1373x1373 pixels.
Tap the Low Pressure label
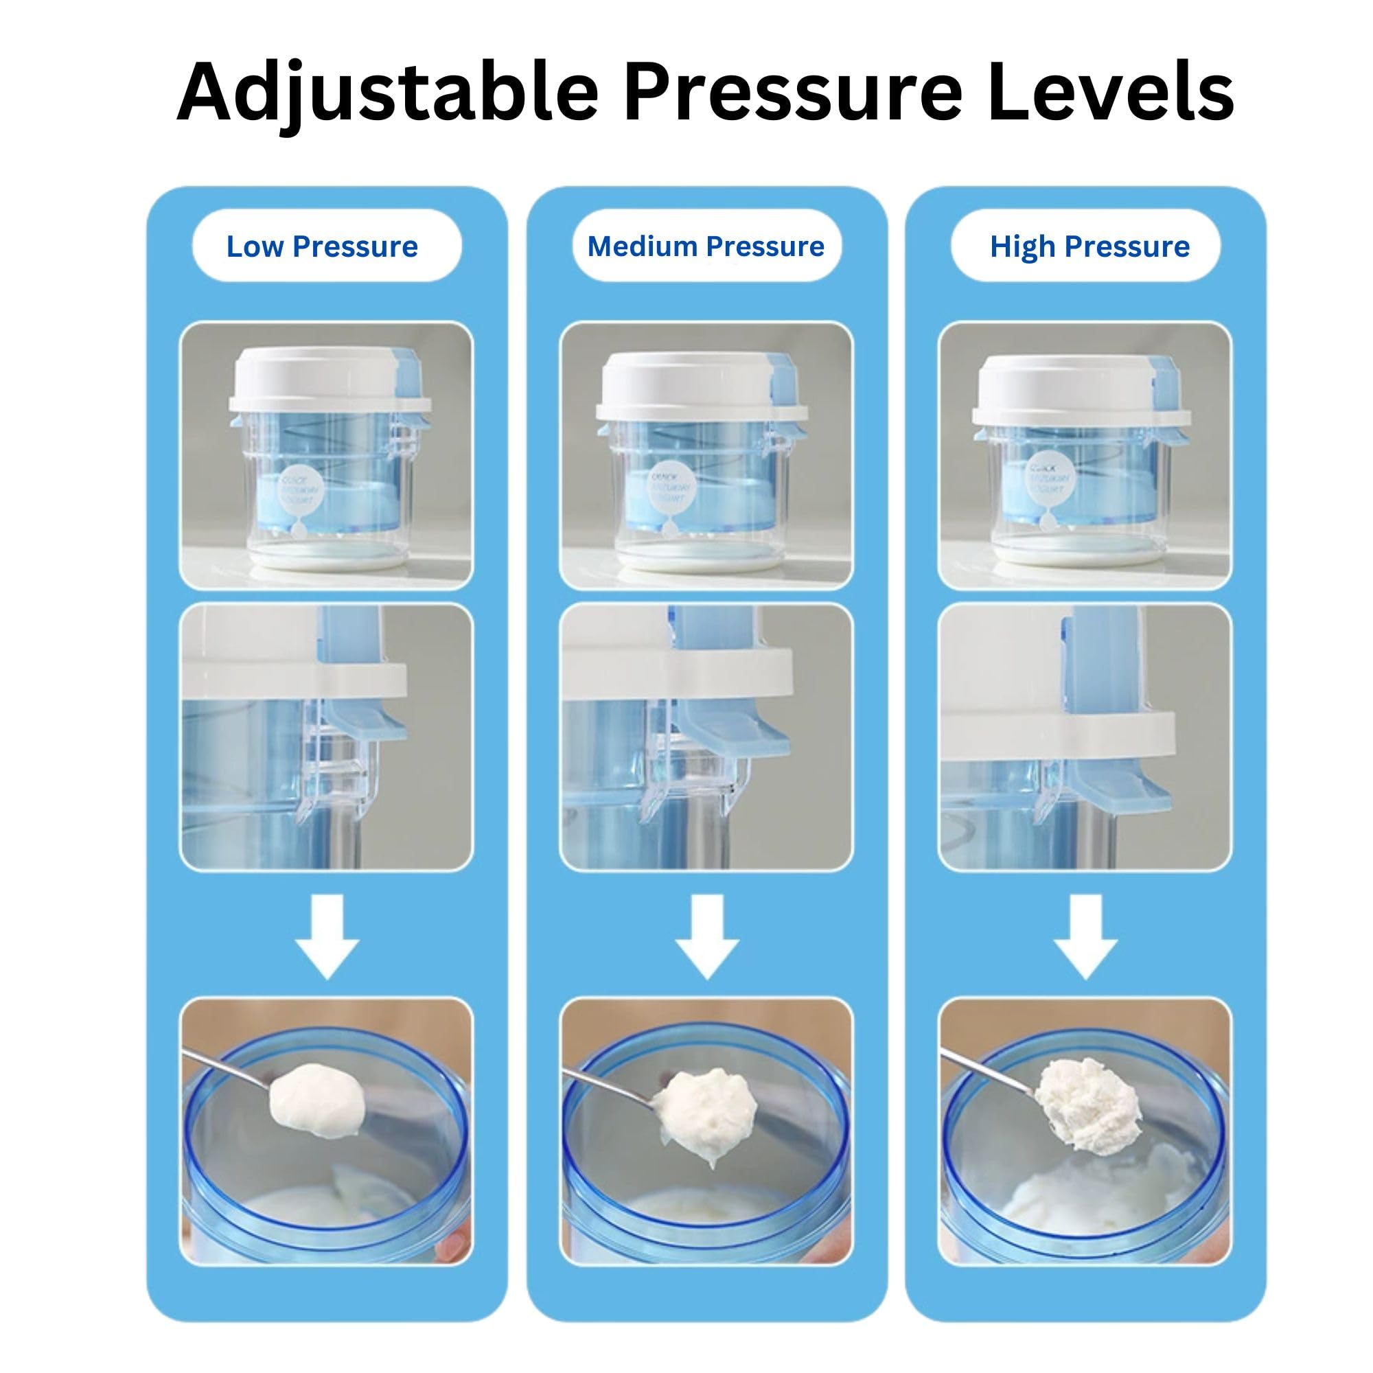coord(322,246)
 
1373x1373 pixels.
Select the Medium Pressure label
coord(706,246)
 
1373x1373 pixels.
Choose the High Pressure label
coord(1089,246)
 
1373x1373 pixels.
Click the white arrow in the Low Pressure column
coord(327,936)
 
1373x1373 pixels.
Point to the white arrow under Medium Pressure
coord(707,936)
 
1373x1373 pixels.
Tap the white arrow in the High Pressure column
coord(1085,936)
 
